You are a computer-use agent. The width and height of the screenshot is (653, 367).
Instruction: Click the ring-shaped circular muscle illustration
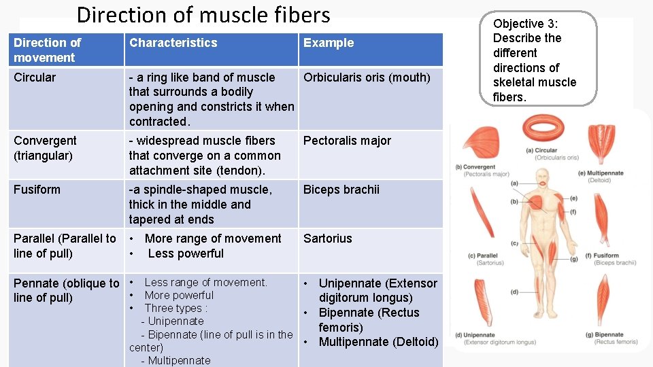[543, 128]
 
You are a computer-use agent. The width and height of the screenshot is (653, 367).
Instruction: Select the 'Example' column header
[329, 43]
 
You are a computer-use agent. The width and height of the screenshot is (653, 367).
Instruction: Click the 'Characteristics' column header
[173, 43]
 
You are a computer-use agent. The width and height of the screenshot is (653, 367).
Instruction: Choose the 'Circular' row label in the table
[35, 77]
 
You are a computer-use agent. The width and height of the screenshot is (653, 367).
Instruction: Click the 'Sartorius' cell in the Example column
[328, 239]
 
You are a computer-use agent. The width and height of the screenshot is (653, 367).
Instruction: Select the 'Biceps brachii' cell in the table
[341, 190]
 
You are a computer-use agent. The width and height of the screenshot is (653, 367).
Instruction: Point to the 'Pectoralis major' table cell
[347, 141]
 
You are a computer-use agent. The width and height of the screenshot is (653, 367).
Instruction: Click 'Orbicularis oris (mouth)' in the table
[367, 77]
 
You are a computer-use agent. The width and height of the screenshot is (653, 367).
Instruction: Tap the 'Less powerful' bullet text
[185, 254]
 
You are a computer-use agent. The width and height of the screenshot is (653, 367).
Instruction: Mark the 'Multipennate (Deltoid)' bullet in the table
[378, 342]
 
